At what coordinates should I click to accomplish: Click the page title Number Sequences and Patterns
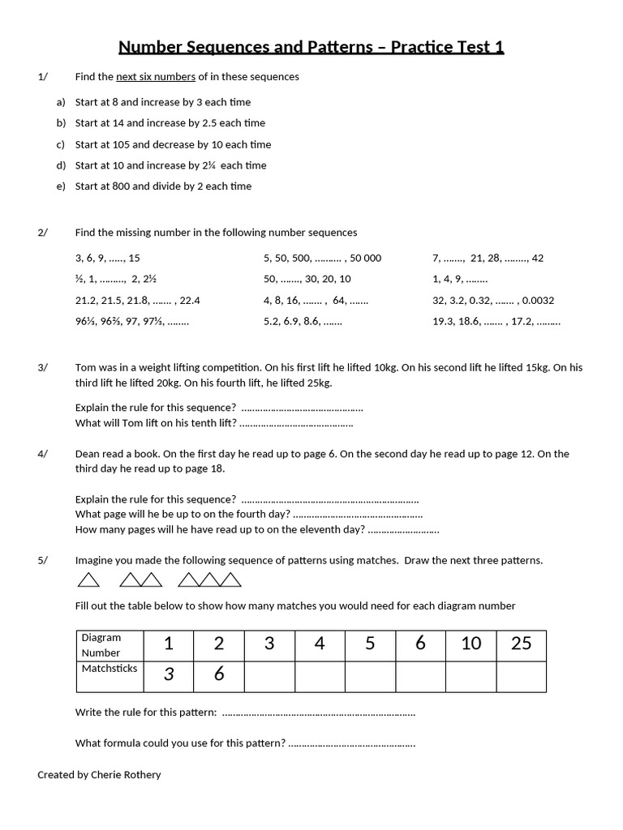tap(311, 47)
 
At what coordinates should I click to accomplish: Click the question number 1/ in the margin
tap(43, 77)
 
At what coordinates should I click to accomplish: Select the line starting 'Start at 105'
tap(173, 144)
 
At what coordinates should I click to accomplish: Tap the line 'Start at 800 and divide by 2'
tap(163, 186)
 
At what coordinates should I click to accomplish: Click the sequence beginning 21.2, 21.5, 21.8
tap(137, 301)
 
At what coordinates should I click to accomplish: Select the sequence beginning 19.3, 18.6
tap(496, 322)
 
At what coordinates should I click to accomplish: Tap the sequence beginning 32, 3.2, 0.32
tap(493, 301)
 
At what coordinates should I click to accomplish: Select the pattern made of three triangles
tap(209, 580)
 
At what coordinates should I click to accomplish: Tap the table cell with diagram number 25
tap(521, 644)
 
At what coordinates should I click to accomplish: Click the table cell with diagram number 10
tap(470, 644)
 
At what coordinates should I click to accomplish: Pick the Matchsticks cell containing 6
tap(218, 674)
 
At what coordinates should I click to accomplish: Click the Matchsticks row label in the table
tap(110, 670)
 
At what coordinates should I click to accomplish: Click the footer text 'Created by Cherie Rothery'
tap(99, 775)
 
